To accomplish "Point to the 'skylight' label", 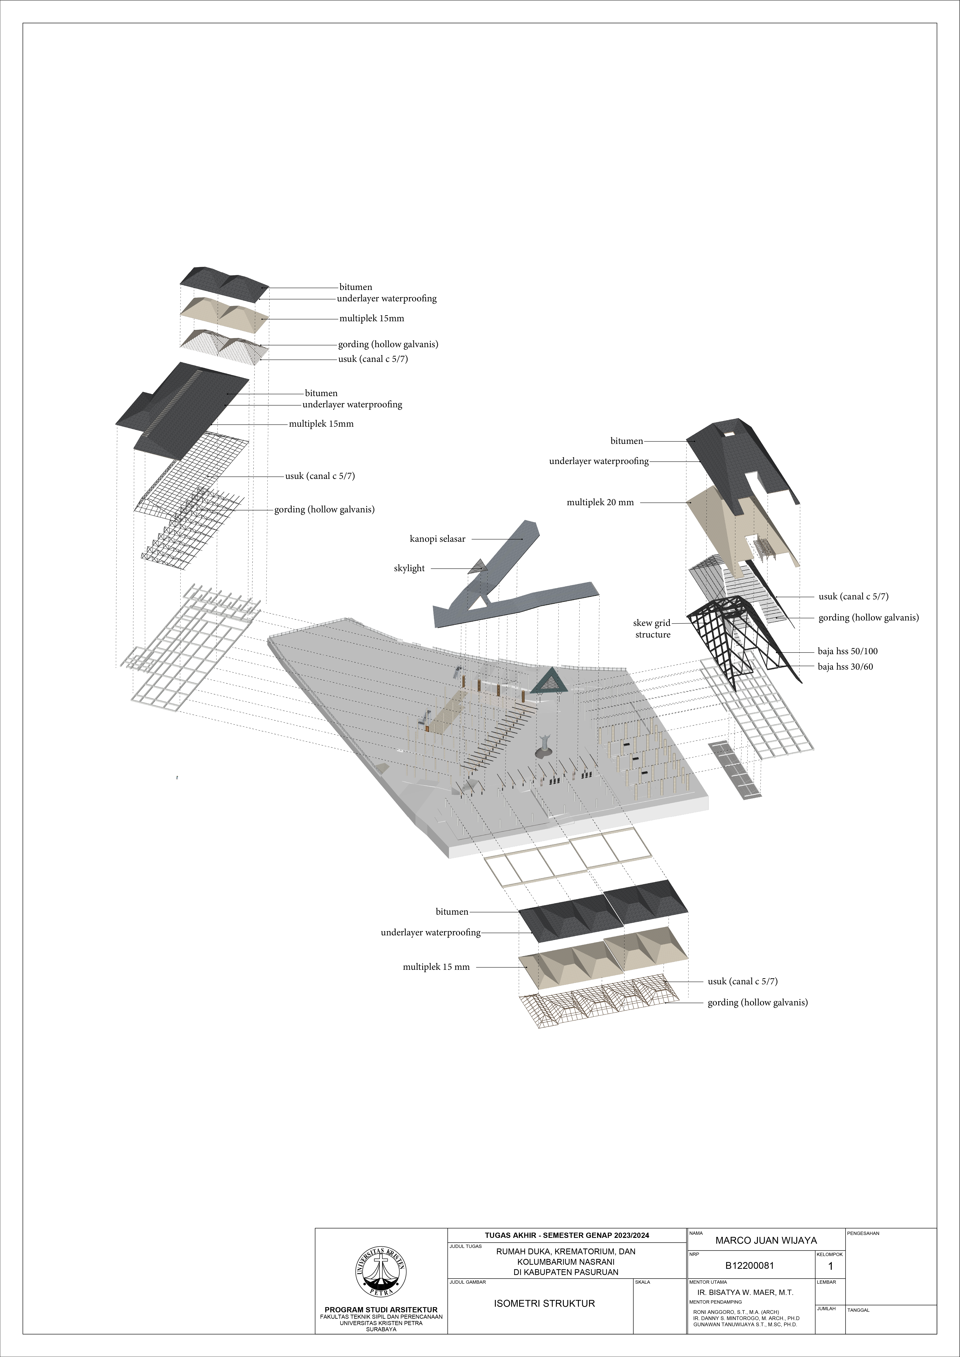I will [409, 569].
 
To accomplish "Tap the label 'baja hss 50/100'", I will [847, 651].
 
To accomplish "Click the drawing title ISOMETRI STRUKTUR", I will [544, 1303].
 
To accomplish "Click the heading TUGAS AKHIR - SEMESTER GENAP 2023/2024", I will [567, 1235].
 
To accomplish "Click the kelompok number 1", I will [830, 1266].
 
